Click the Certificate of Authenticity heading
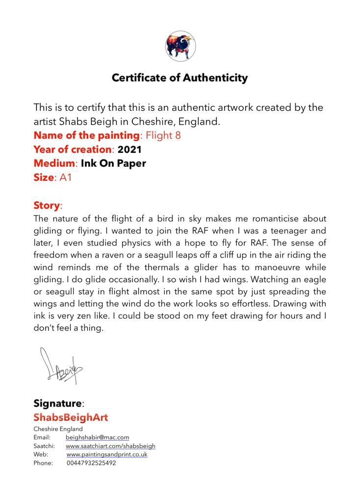tap(180, 77)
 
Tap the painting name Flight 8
tap(163, 135)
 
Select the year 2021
tap(129, 149)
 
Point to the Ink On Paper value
tap(110, 163)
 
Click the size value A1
tap(66, 177)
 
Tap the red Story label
tap(47, 205)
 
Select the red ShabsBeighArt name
tap(71, 417)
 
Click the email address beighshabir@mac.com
tap(97, 437)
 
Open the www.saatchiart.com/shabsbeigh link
tap(110, 446)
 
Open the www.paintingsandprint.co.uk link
tap(107, 454)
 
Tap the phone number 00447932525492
tap(91, 463)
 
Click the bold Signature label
tap(57, 403)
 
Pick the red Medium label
tap(51, 163)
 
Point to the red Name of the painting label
tap(86, 135)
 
